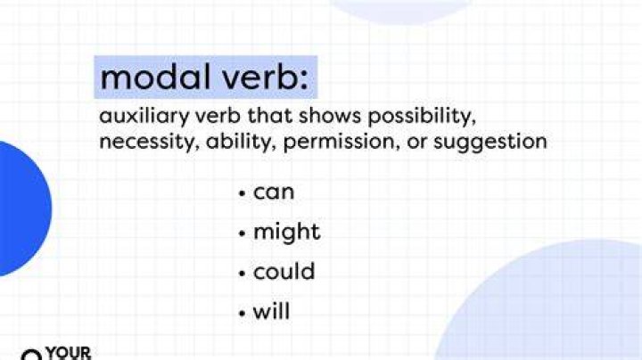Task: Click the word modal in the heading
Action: tap(154, 77)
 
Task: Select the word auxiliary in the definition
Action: tap(144, 117)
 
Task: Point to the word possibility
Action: tap(422, 117)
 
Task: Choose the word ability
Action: tap(241, 142)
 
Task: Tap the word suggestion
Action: tap(490, 143)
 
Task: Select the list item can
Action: tap(274, 192)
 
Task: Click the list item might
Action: tap(286, 233)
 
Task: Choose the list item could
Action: tap(284, 271)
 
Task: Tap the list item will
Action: tap(271, 311)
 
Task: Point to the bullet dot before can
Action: tap(243, 193)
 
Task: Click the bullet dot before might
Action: tap(243, 233)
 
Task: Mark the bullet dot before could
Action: tap(243, 273)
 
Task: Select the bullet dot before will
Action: tap(243, 313)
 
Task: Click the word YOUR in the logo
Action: tap(69, 353)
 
